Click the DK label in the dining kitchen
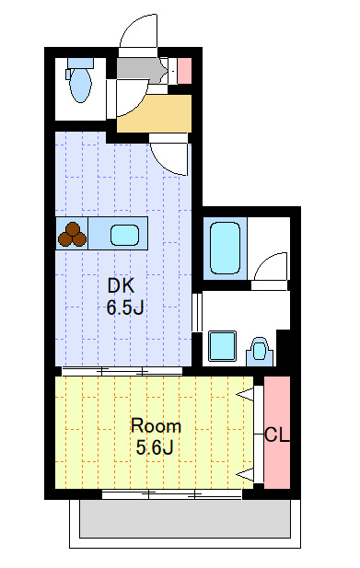click(x=121, y=285)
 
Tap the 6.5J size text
click(x=125, y=307)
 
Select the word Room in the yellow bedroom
click(x=156, y=425)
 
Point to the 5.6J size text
click(x=155, y=447)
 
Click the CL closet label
click(x=277, y=435)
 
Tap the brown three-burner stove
click(x=73, y=234)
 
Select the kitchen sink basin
click(x=124, y=235)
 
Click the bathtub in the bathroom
click(x=225, y=248)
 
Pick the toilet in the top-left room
click(x=80, y=80)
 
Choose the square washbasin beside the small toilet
click(x=222, y=346)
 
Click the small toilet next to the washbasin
click(x=260, y=352)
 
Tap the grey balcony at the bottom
click(x=185, y=518)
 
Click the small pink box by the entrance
click(x=184, y=71)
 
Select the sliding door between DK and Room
click(x=122, y=371)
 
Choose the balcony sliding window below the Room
click(x=171, y=493)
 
